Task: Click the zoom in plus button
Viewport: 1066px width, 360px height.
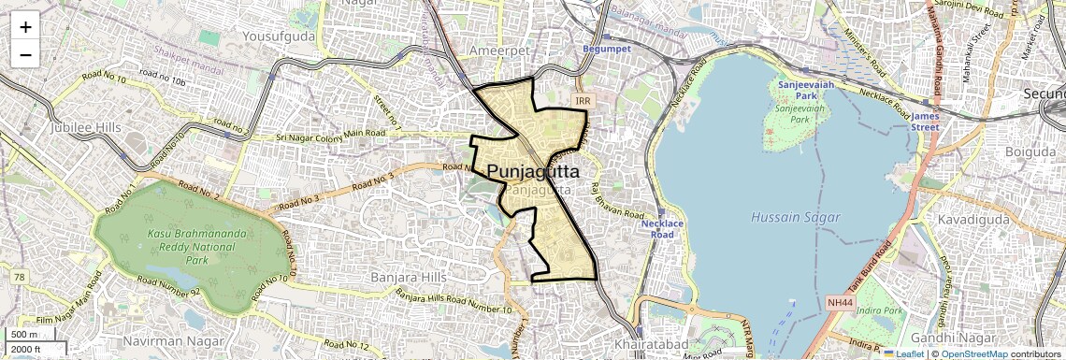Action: click(x=25, y=26)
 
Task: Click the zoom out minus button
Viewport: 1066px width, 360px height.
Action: click(x=25, y=54)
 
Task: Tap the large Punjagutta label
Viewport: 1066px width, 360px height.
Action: click(x=533, y=172)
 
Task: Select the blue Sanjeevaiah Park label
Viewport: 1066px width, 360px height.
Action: click(x=798, y=90)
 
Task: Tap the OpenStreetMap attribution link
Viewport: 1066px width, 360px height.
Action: click(x=973, y=353)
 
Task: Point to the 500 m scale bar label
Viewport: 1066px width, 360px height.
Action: click(x=24, y=335)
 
